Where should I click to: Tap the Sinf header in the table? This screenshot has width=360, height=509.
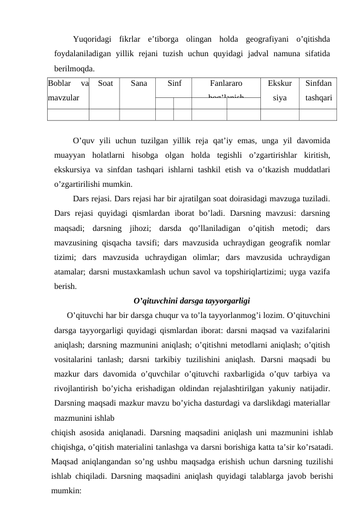tap(174, 83)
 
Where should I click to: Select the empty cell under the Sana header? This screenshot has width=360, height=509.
tap(137, 111)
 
